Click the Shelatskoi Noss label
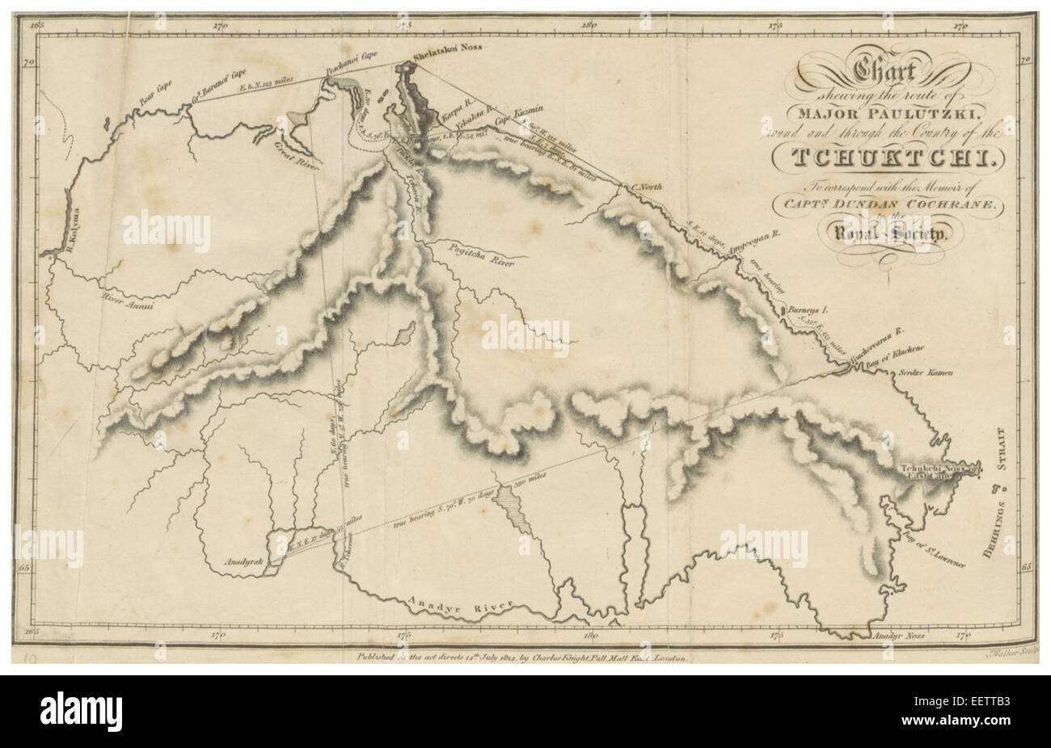(x=446, y=48)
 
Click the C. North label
(x=647, y=188)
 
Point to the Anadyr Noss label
(x=898, y=637)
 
